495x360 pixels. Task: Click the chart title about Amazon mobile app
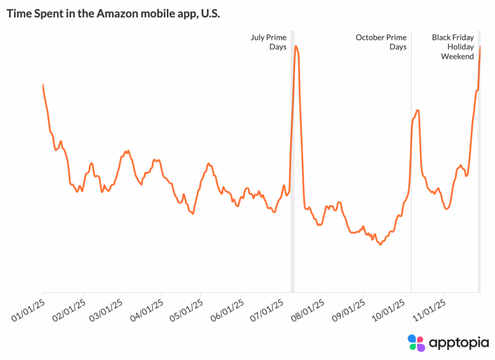pos(113,14)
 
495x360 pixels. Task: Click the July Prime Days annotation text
pos(268,42)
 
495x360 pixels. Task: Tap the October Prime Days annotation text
pos(381,42)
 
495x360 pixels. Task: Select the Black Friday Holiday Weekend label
pos(453,47)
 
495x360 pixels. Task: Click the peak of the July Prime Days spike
pos(296,46)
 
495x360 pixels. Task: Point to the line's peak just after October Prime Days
pos(417,111)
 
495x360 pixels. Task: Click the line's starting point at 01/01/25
pos(43,85)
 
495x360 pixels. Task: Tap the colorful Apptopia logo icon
pos(416,343)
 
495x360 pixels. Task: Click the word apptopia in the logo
pos(454,343)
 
